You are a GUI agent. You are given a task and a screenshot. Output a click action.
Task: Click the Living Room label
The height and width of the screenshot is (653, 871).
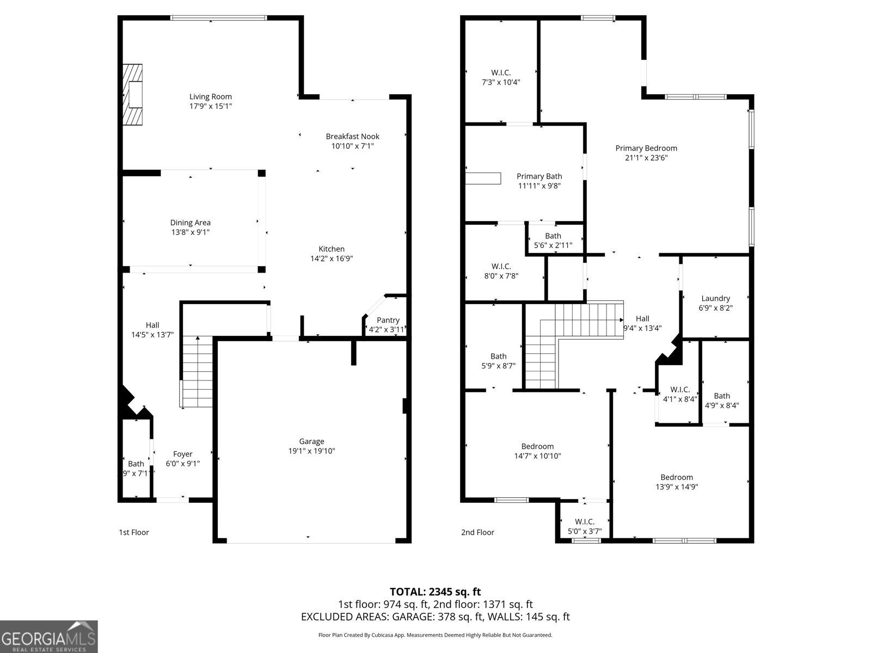pos(210,97)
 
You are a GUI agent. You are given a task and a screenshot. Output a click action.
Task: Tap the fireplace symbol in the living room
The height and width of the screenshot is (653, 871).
pos(132,95)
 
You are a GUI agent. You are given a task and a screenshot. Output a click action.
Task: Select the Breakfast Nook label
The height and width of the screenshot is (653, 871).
pos(352,137)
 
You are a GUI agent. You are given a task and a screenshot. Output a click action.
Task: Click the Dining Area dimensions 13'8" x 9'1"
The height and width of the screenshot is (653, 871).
pos(190,232)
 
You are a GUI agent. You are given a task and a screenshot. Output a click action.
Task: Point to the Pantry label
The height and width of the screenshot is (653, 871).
pos(388,320)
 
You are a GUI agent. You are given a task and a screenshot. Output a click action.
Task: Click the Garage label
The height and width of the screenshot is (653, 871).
pos(311,441)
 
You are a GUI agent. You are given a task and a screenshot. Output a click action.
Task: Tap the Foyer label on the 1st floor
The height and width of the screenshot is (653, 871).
pos(182,454)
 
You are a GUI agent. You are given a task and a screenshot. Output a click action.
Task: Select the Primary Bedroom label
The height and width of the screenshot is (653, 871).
pos(646,148)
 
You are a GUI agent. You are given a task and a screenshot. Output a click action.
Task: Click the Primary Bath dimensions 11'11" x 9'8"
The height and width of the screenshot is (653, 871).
pos(539,186)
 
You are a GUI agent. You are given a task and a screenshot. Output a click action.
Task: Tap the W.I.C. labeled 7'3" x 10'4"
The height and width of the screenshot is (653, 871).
pos(501,77)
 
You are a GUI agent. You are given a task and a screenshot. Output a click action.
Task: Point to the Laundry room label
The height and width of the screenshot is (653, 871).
pos(715,298)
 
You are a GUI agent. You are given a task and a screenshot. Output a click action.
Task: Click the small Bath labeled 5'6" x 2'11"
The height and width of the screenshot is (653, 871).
pos(553,240)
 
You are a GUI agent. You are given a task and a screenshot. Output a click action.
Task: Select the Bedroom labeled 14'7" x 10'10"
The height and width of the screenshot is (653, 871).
pos(537,451)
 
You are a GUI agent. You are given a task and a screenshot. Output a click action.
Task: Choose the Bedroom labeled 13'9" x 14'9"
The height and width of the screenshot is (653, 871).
pos(677,482)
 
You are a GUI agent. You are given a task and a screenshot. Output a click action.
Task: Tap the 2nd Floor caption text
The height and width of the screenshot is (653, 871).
pos(477,532)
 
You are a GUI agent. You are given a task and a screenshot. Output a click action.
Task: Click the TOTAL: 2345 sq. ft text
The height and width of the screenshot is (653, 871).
pos(435,592)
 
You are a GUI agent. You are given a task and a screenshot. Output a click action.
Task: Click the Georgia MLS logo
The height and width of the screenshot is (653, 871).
pos(49,637)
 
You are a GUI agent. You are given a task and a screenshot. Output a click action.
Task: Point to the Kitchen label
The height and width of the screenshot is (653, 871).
pos(332,249)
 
